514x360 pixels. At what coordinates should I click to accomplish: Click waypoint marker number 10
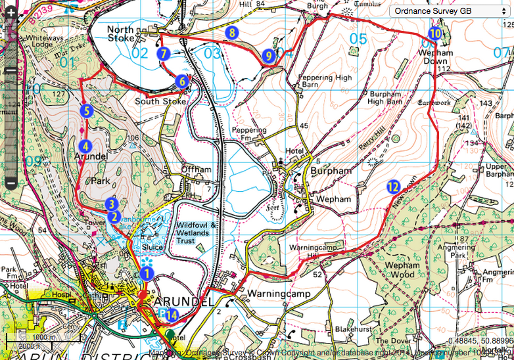point(434,34)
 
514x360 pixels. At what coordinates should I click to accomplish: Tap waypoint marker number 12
point(393,187)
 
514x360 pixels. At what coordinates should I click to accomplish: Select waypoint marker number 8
point(231,32)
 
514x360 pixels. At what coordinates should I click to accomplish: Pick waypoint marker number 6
point(181,81)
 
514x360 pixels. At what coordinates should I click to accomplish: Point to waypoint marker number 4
point(84,146)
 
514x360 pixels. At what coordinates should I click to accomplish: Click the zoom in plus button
point(11,30)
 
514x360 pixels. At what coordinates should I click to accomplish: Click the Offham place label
point(197,169)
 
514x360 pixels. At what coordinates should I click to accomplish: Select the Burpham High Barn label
point(385,97)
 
